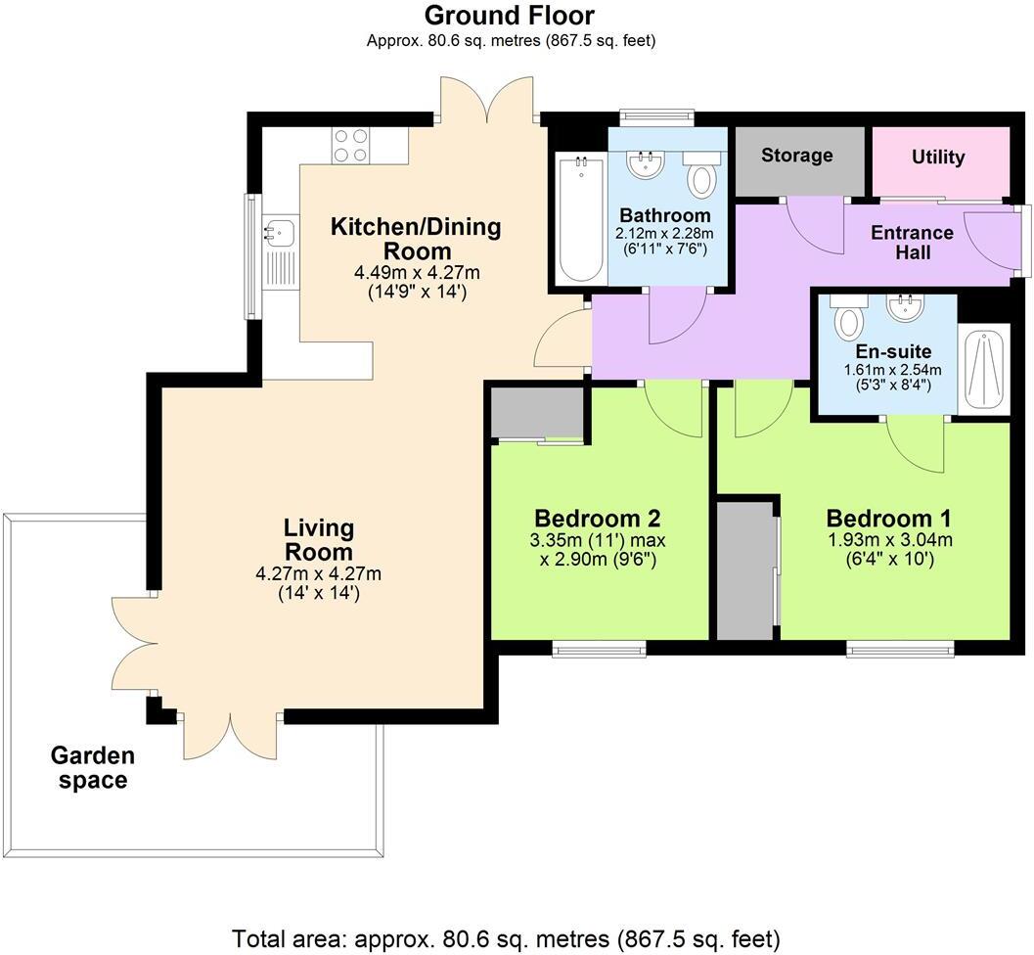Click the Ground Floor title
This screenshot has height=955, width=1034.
click(509, 16)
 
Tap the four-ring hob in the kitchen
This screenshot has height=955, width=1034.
click(350, 146)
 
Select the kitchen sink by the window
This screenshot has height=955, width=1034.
click(278, 233)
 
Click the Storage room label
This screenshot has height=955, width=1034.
click(797, 155)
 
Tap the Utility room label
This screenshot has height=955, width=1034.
click(938, 157)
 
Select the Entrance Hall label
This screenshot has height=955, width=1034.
click(912, 242)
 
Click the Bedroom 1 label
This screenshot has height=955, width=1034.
click(888, 518)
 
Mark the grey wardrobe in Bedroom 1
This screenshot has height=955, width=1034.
click(746, 572)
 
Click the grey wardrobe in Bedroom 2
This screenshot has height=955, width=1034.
click(537, 412)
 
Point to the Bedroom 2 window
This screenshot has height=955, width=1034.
click(599, 648)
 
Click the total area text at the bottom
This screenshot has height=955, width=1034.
click(506, 937)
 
